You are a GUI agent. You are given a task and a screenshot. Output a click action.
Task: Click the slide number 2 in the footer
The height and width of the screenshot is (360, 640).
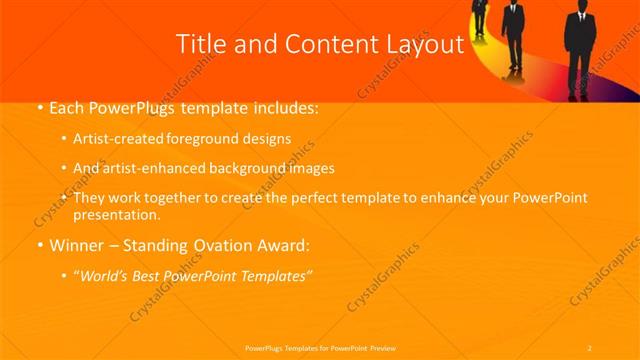(x=590, y=347)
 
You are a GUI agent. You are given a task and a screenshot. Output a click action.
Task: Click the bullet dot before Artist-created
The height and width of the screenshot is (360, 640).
(x=65, y=139)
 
